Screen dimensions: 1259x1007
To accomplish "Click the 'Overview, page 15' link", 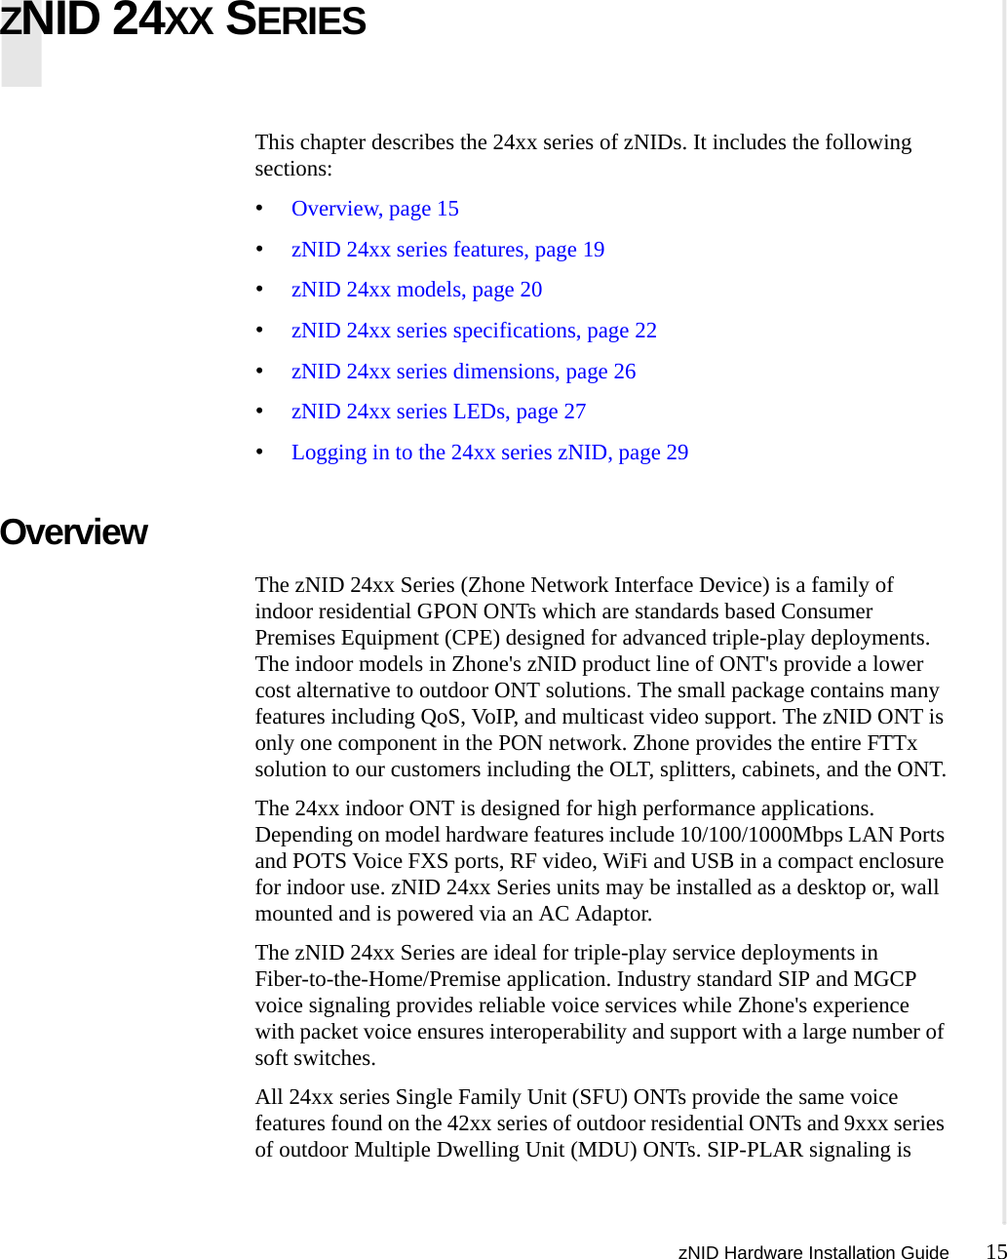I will point(374,209).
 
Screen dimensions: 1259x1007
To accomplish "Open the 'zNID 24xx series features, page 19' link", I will point(447,250).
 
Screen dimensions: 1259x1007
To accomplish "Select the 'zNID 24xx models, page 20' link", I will point(416,290).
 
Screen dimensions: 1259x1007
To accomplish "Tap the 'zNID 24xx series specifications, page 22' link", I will point(474,331).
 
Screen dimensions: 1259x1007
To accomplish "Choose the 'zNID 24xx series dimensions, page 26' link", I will point(463,372).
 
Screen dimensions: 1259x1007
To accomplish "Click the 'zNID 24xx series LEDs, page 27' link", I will point(439,412).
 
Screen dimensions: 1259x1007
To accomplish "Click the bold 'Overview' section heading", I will point(74,532).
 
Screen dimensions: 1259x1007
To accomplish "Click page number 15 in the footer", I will point(995,1252).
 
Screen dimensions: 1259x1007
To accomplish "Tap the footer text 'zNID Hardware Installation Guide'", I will point(813,1253).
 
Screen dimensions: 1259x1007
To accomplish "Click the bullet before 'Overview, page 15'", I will point(259,209).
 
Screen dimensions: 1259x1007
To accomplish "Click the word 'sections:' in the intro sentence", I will point(293,169).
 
